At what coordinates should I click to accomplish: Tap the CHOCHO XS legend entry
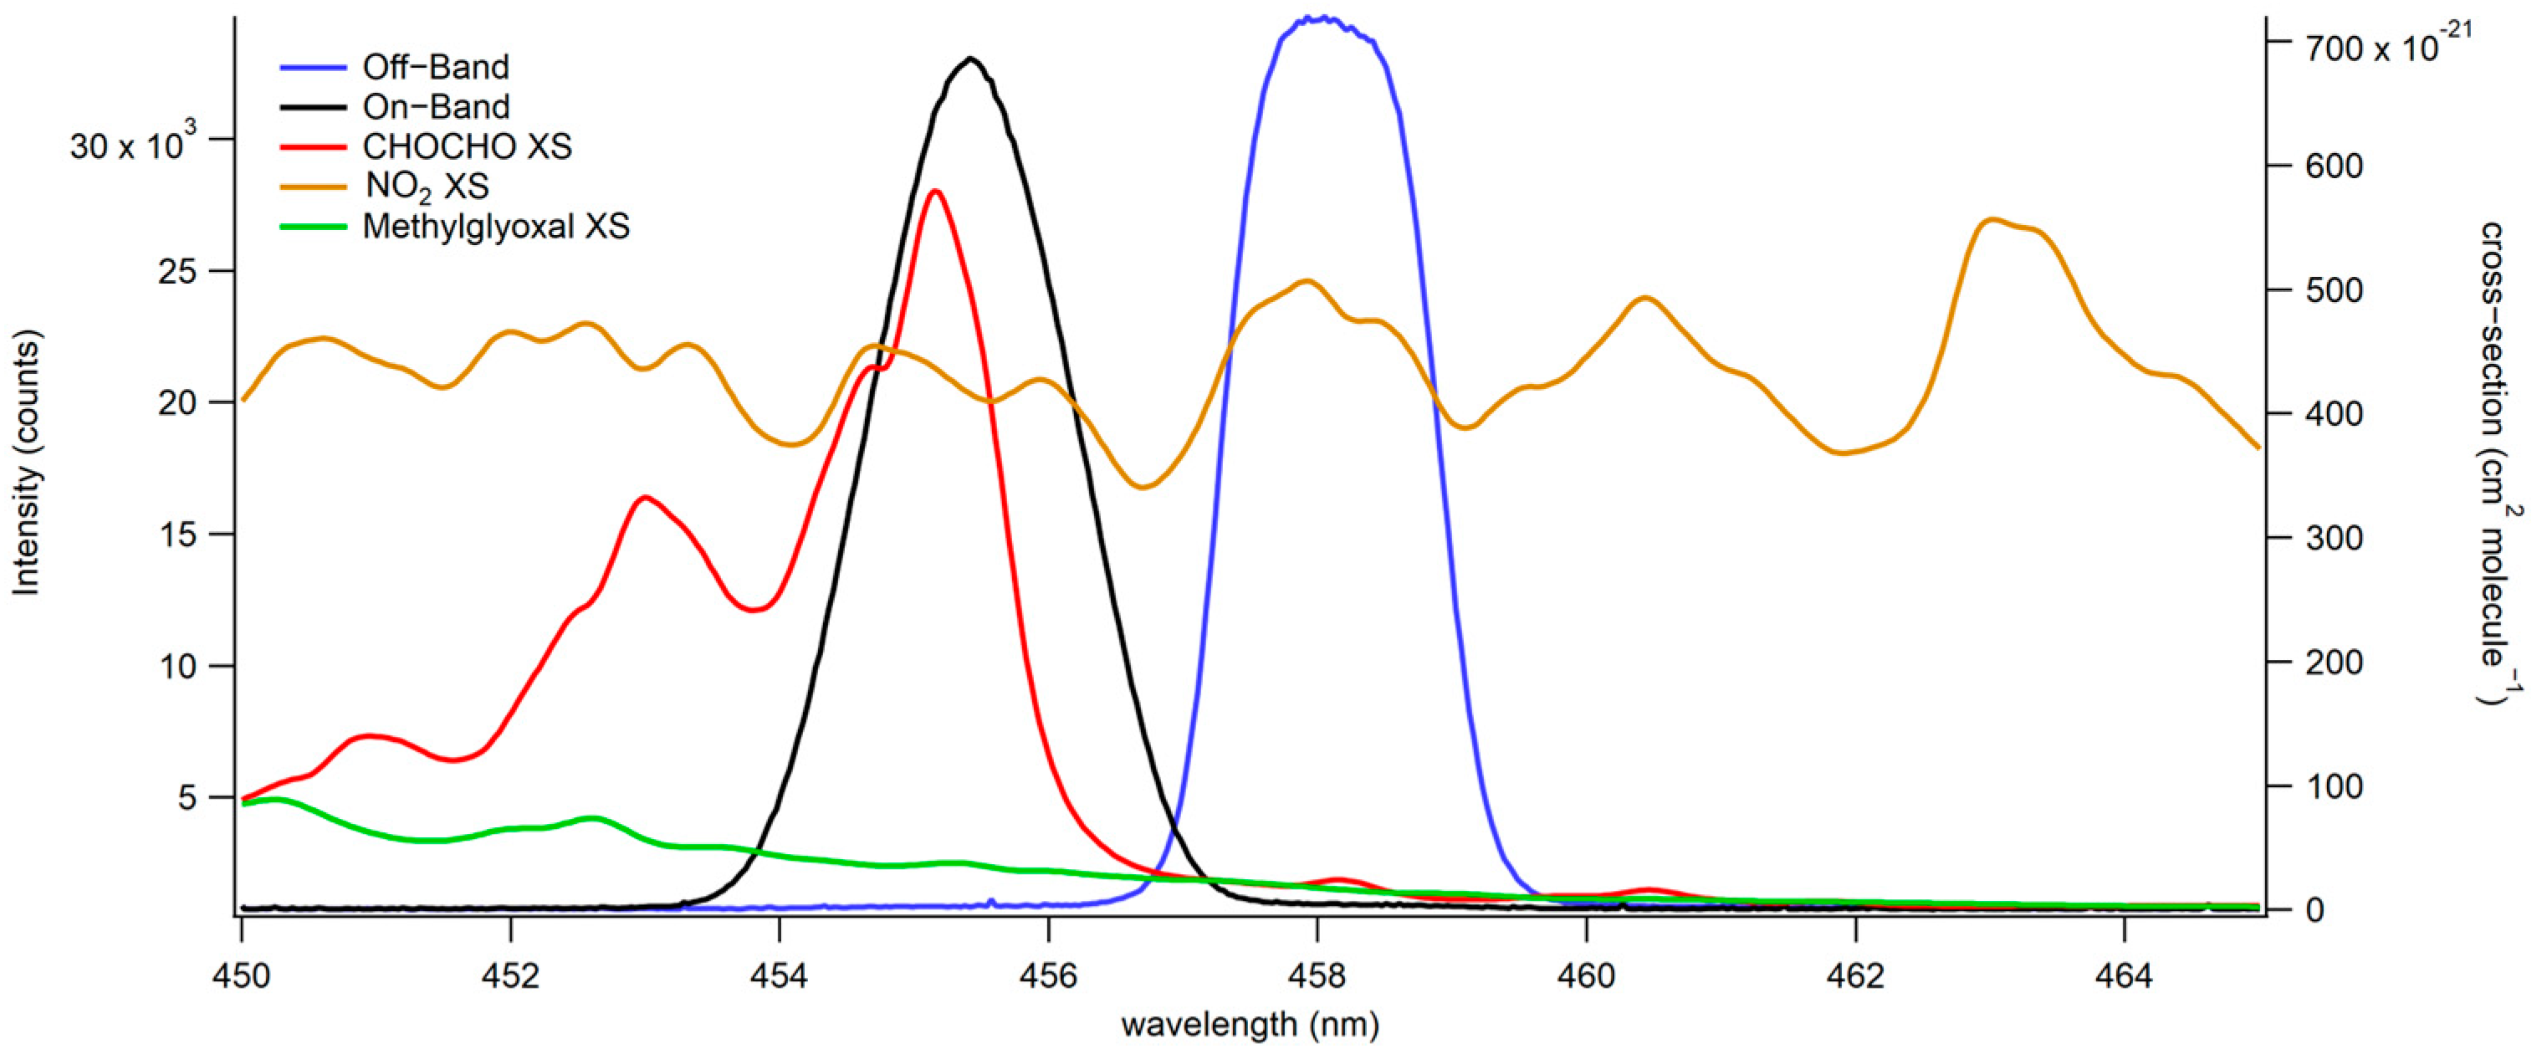point(467,146)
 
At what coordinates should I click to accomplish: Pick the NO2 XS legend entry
point(427,187)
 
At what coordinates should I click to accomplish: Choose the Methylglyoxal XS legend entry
point(495,227)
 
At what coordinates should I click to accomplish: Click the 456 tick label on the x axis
point(1048,975)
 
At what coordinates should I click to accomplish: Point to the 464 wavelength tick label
point(2125,975)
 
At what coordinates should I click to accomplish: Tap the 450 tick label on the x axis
point(241,975)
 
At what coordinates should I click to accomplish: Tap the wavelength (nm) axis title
point(1250,1025)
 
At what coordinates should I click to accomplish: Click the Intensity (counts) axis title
point(27,463)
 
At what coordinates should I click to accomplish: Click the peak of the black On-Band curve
point(971,59)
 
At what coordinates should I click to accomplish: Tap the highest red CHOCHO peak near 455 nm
point(934,191)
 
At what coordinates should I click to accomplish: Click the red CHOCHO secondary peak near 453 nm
point(645,498)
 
